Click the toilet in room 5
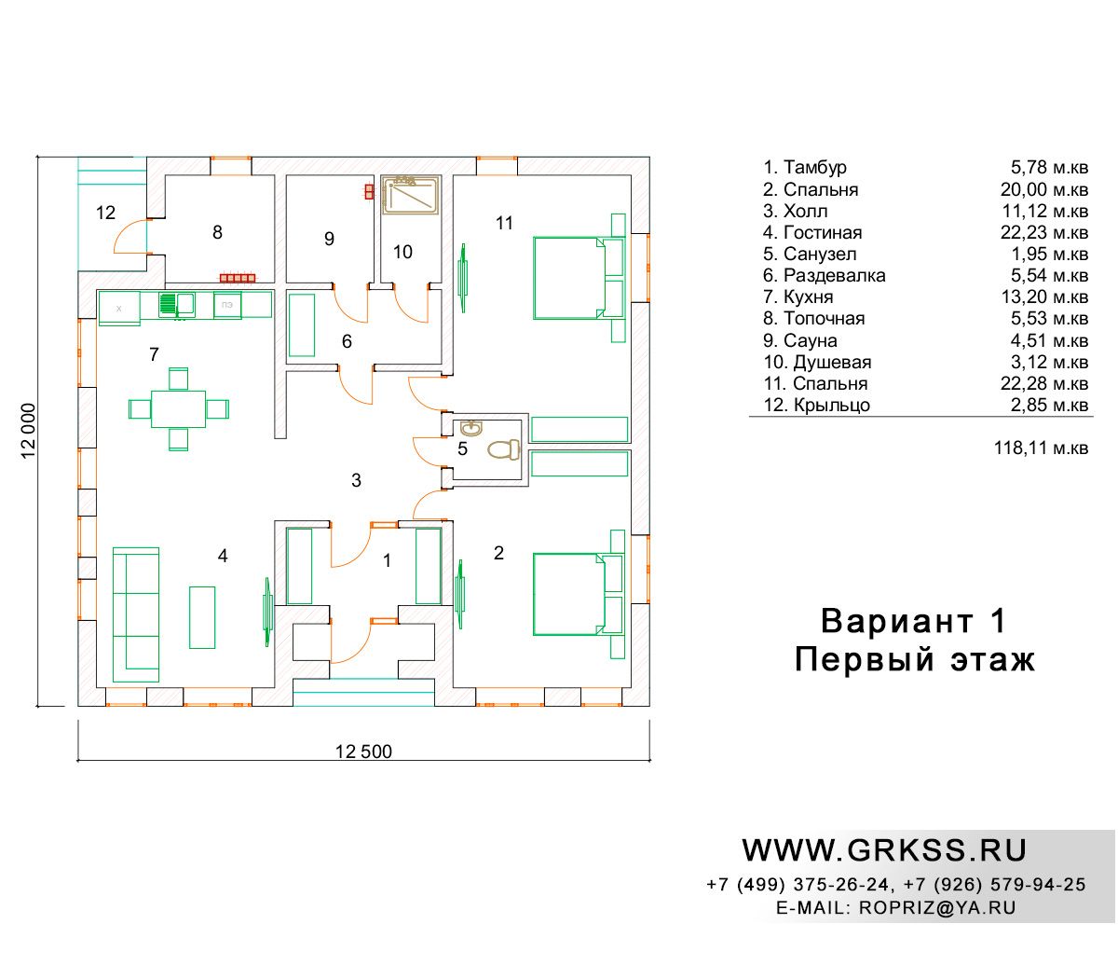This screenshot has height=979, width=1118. (x=503, y=449)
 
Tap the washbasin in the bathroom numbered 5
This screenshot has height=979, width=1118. (x=470, y=428)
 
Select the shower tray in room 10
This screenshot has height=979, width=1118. (x=410, y=195)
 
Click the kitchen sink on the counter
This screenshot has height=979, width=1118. (x=176, y=304)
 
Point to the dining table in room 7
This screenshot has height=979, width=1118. (x=178, y=408)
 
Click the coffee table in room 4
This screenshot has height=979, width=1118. (x=202, y=617)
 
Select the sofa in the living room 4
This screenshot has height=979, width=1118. (x=135, y=614)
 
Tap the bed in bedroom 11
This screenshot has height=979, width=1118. (x=579, y=278)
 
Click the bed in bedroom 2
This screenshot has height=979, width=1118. (x=579, y=595)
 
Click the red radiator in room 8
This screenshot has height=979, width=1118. (x=238, y=279)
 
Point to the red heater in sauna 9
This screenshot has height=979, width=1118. (x=369, y=191)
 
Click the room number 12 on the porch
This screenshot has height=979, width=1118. (x=105, y=213)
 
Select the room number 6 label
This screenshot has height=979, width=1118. (x=347, y=341)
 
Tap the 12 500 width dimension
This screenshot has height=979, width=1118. (x=363, y=751)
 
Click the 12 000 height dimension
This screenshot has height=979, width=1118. (x=28, y=431)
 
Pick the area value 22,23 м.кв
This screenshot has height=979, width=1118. (x=1044, y=232)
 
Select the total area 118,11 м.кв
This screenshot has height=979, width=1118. (x=1041, y=448)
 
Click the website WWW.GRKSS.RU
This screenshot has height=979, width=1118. (x=884, y=850)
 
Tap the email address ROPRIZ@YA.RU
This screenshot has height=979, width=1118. (x=937, y=907)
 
